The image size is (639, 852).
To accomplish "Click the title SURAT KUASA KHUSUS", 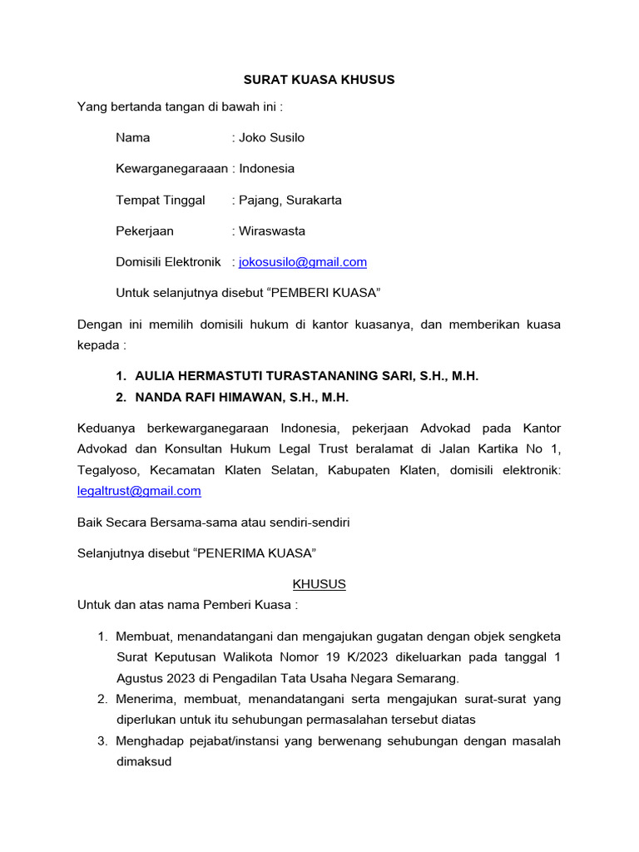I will click(x=319, y=80).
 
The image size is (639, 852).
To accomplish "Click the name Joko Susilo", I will click(x=271, y=137).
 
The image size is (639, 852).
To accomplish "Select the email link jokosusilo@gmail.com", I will click(x=303, y=262).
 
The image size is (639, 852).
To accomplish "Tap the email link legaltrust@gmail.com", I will click(x=139, y=491).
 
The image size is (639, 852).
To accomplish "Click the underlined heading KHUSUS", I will click(x=319, y=584).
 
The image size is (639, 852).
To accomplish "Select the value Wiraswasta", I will click(x=272, y=231).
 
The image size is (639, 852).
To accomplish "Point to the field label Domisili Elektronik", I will click(x=169, y=262).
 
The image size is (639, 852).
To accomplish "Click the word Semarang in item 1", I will click(x=440, y=678).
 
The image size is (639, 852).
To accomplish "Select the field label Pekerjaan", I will click(x=145, y=231).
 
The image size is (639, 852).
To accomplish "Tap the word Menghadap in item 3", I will click(x=146, y=741).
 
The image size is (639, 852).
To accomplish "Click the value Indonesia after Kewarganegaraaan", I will click(x=267, y=169).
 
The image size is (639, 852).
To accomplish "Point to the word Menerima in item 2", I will click(x=143, y=699).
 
